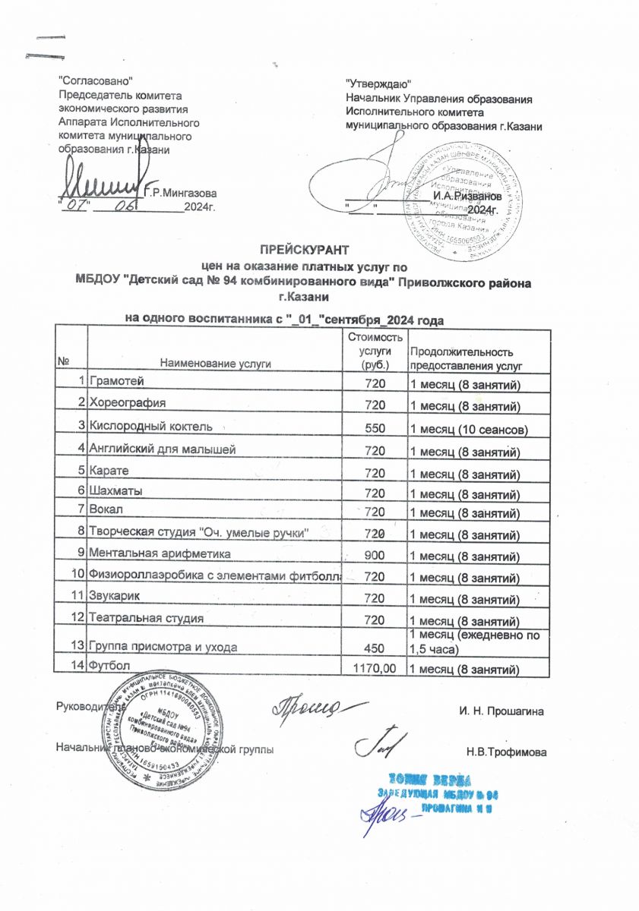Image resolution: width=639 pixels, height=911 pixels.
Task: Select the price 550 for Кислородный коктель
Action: click(376, 428)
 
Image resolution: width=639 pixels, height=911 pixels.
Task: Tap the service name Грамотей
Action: click(115, 381)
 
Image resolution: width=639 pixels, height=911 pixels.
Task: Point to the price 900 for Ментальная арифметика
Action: click(376, 555)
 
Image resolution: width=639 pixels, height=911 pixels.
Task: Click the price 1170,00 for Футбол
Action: click(371, 668)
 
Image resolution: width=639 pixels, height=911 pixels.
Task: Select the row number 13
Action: click(78, 646)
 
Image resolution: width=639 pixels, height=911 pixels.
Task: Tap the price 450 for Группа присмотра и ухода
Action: click(376, 647)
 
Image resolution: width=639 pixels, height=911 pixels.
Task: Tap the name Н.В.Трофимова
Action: click(506, 752)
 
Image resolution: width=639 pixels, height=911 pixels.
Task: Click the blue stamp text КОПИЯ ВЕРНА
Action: click(430, 780)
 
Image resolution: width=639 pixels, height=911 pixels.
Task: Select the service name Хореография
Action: click(128, 402)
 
